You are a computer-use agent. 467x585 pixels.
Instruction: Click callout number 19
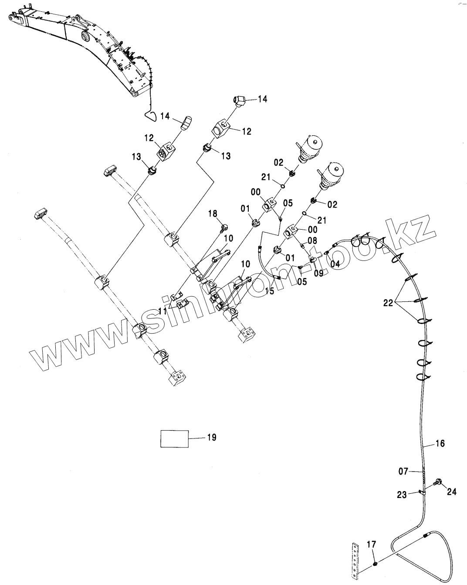pos(211,437)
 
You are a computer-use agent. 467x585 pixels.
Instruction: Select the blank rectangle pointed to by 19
pos(175,438)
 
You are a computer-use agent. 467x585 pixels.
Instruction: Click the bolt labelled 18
pos(225,226)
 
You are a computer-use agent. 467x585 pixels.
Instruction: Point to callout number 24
pos(452,491)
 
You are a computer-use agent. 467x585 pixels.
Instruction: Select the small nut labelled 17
pos(375,564)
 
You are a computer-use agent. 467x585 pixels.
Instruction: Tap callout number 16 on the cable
pos(440,443)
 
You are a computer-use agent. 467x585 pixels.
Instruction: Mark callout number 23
pos(402,495)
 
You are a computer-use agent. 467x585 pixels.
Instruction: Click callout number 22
pos(388,303)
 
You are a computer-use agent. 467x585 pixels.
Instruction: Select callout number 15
pos(270,291)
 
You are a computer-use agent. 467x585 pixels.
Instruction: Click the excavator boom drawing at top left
pos(83,48)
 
